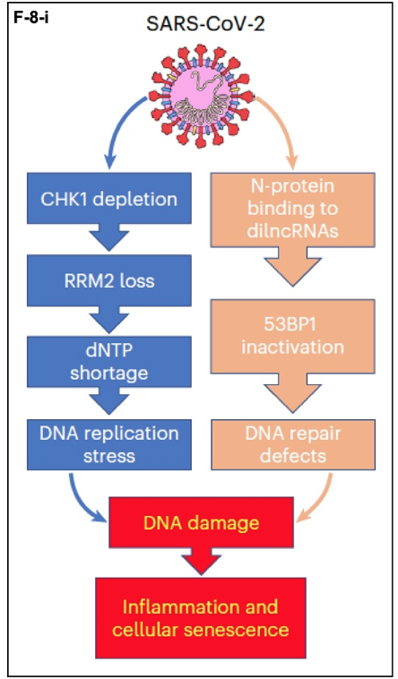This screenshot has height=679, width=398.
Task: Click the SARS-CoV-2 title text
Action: coord(205,24)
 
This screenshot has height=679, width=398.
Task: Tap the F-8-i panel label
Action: coord(30,20)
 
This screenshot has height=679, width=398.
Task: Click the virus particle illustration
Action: coord(201,96)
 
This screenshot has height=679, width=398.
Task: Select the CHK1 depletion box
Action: coord(109,199)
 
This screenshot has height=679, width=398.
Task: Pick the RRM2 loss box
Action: coord(109,280)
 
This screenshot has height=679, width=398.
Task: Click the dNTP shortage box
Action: coord(109,362)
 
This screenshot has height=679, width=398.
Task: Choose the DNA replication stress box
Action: coord(109,444)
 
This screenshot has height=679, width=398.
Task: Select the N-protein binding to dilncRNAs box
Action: coord(293,210)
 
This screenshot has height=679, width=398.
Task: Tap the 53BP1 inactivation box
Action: coord(293,336)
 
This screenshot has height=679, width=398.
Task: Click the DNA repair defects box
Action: coord(293,444)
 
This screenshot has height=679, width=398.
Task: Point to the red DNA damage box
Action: coord(201,522)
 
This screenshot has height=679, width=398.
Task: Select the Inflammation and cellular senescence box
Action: coord(201,617)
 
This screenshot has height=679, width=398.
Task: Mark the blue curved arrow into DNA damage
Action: coord(80,503)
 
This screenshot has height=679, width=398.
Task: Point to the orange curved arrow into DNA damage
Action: coord(322,503)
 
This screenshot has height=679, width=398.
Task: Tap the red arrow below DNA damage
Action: coord(201,562)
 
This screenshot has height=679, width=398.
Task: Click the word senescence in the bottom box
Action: coord(237,629)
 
